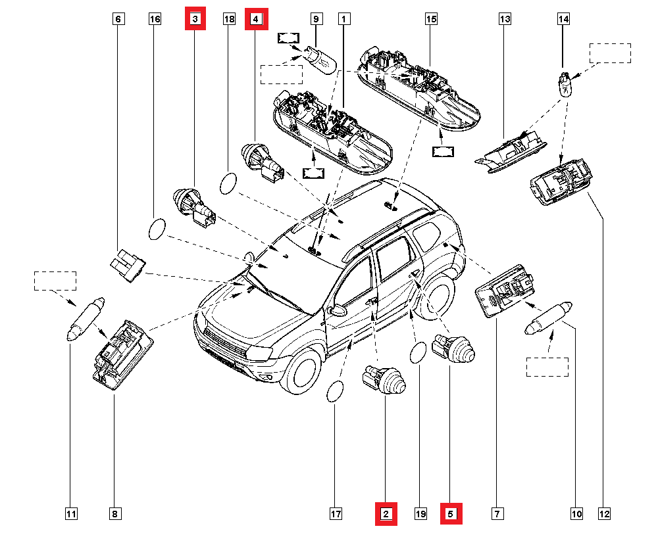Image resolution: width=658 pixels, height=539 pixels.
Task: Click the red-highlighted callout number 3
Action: (x=195, y=20)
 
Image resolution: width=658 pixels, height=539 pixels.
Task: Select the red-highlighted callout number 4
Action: (x=256, y=20)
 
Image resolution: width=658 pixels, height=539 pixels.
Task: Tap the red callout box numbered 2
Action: (x=386, y=513)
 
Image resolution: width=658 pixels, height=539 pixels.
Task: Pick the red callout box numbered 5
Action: (x=451, y=513)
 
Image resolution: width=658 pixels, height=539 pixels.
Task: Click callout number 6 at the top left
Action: (x=118, y=20)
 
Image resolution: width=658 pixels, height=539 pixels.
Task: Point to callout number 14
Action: (x=564, y=20)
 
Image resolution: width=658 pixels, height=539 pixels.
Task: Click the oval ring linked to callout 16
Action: (x=157, y=230)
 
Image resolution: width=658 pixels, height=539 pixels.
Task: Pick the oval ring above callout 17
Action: (x=335, y=392)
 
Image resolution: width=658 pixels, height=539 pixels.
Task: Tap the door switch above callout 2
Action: (x=382, y=380)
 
